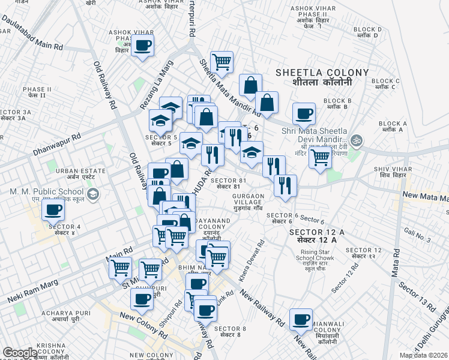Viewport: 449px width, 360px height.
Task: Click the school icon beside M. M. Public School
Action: [93, 194]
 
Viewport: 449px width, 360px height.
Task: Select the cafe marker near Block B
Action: [304, 113]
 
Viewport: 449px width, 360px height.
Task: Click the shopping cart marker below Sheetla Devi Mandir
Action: [320, 158]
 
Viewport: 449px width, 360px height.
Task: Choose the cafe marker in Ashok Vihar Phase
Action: [143, 45]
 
